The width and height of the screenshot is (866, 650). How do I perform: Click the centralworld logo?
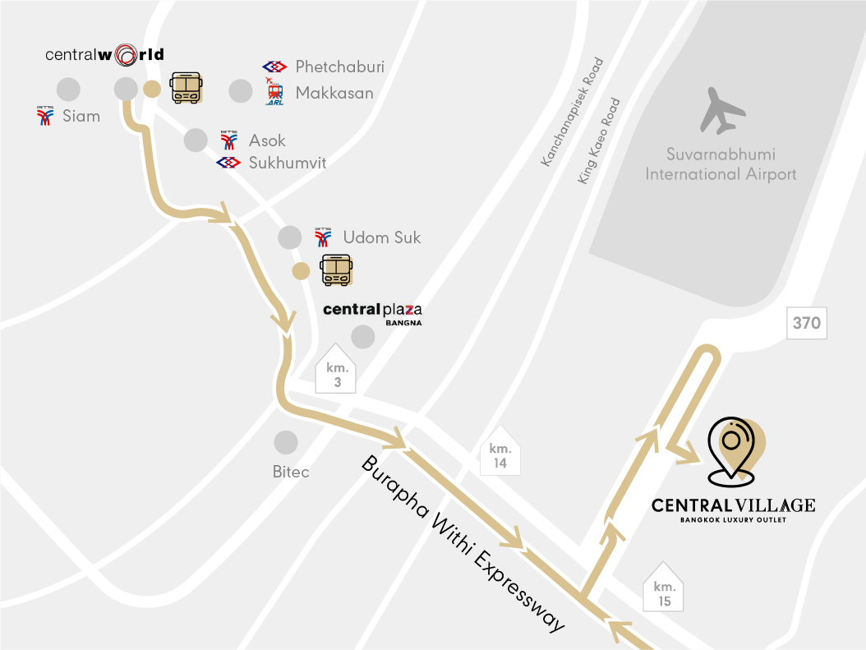point(104,55)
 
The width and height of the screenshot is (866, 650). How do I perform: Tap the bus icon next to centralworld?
point(185,87)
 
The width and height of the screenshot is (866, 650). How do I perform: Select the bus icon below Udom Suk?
point(335,270)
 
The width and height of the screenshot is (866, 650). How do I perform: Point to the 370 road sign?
point(806,323)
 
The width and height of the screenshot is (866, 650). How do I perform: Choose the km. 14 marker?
point(500,454)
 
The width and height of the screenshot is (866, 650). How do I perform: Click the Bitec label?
point(291,472)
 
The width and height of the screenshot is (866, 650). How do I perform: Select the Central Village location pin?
point(734,448)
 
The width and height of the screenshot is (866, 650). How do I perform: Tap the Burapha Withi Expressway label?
point(464,542)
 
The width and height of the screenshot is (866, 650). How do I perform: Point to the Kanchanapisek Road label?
point(572,113)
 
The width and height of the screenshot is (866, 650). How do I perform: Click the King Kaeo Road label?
point(599,141)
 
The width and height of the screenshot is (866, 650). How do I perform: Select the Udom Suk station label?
point(381,237)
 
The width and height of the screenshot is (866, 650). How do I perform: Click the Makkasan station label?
point(334,93)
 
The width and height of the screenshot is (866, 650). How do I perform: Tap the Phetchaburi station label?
point(339,67)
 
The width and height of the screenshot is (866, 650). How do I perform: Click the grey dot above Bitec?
point(286,442)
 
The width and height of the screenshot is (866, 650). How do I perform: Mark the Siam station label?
point(81,116)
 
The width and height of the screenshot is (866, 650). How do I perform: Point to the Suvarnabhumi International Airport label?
point(721,164)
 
